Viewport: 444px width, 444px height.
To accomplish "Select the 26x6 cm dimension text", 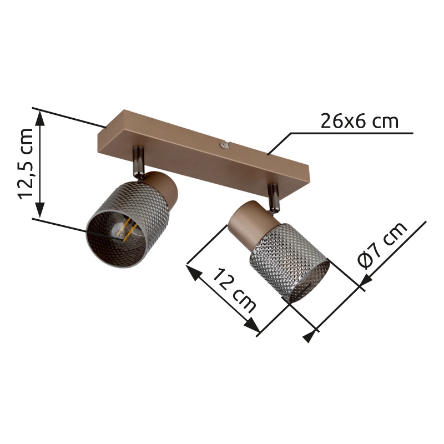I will (x=360, y=120).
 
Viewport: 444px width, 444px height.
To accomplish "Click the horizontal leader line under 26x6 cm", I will (x=355, y=133).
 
